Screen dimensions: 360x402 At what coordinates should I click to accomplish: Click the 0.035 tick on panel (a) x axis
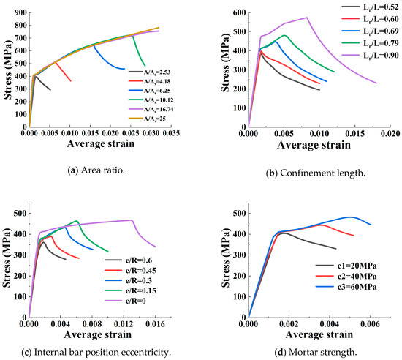tap(170, 133)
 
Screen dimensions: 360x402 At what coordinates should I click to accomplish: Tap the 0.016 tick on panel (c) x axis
tap(156, 323)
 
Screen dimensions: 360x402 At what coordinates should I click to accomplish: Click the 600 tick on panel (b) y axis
tap(238, 13)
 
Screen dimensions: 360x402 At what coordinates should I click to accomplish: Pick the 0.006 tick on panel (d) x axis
tap(371, 323)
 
